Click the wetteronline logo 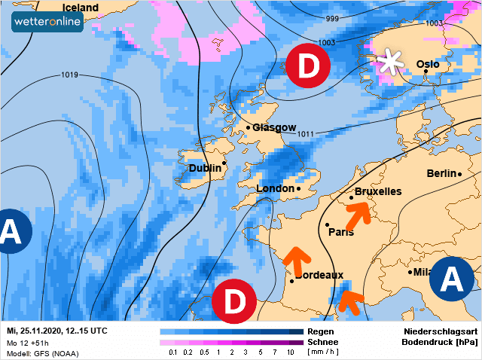point(47,21)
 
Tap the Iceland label point(81,8)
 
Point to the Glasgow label point(274,127)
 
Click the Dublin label point(204,168)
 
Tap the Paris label point(341,232)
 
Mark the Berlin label point(441,173)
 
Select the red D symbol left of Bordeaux point(234,301)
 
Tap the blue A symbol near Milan point(452,279)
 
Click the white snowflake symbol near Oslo point(390,61)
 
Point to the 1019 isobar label point(70,75)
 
